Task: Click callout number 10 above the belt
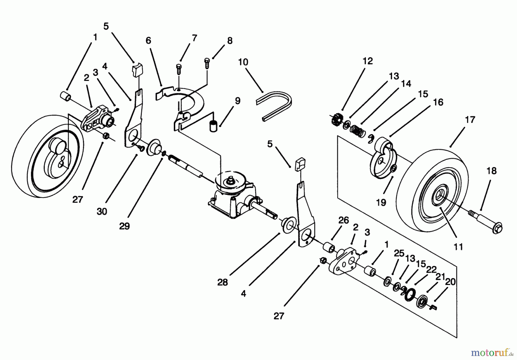pos(243,62)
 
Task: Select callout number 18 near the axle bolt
pos(491,171)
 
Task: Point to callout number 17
pos(470,120)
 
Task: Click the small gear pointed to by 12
pos(335,118)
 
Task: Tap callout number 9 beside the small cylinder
pos(237,101)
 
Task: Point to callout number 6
pos(148,41)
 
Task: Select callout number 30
pos(102,211)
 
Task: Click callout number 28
pos(222,282)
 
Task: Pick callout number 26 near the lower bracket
pos(343,220)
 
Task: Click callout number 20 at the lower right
pos(450,282)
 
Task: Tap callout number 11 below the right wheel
pos(458,247)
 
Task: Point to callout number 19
pos(381,202)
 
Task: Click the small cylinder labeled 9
pos(213,126)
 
